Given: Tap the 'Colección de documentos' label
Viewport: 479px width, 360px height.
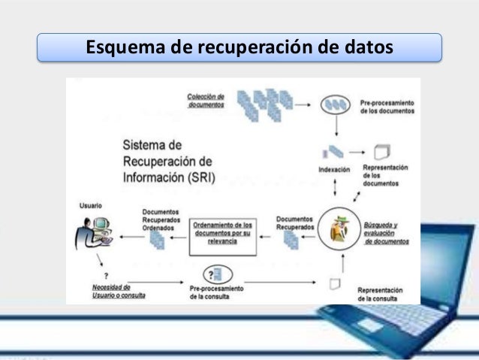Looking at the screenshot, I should pyautogui.click(x=206, y=100).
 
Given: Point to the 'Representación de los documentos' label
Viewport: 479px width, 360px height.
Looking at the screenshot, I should pyautogui.click(x=385, y=175).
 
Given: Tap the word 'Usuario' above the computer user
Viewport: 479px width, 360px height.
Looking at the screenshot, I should pyautogui.click(x=91, y=205).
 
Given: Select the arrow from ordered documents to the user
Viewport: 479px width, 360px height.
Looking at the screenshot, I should pyautogui.click(x=133, y=237).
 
